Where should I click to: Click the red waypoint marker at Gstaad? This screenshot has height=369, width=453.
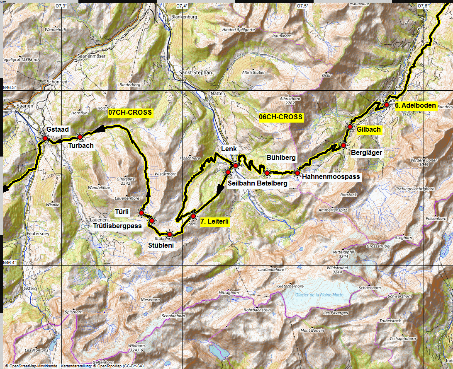(45, 138)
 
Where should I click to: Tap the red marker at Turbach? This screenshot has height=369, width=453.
(80, 137)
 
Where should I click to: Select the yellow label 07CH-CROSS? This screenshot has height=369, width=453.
(131, 112)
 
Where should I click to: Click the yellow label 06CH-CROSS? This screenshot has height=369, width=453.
(281, 117)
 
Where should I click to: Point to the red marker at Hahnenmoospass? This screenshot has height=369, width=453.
(297, 173)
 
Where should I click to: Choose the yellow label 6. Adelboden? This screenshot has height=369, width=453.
(415, 106)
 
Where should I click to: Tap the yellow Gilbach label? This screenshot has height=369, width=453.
(368, 130)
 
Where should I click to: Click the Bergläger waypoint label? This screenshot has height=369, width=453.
(366, 152)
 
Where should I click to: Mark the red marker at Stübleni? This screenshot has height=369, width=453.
(169, 234)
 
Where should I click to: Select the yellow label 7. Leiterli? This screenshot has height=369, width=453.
(214, 222)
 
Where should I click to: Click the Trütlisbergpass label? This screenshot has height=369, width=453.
(117, 226)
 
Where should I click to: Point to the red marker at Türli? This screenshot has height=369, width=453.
(141, 213)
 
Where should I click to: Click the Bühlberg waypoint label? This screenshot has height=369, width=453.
(281, 158)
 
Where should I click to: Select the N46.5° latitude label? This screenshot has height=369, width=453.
(10, 87)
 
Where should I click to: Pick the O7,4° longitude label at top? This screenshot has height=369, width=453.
(182, 6)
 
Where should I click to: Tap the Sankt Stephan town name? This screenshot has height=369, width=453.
(195, 72)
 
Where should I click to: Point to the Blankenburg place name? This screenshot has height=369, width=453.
(183, 17)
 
